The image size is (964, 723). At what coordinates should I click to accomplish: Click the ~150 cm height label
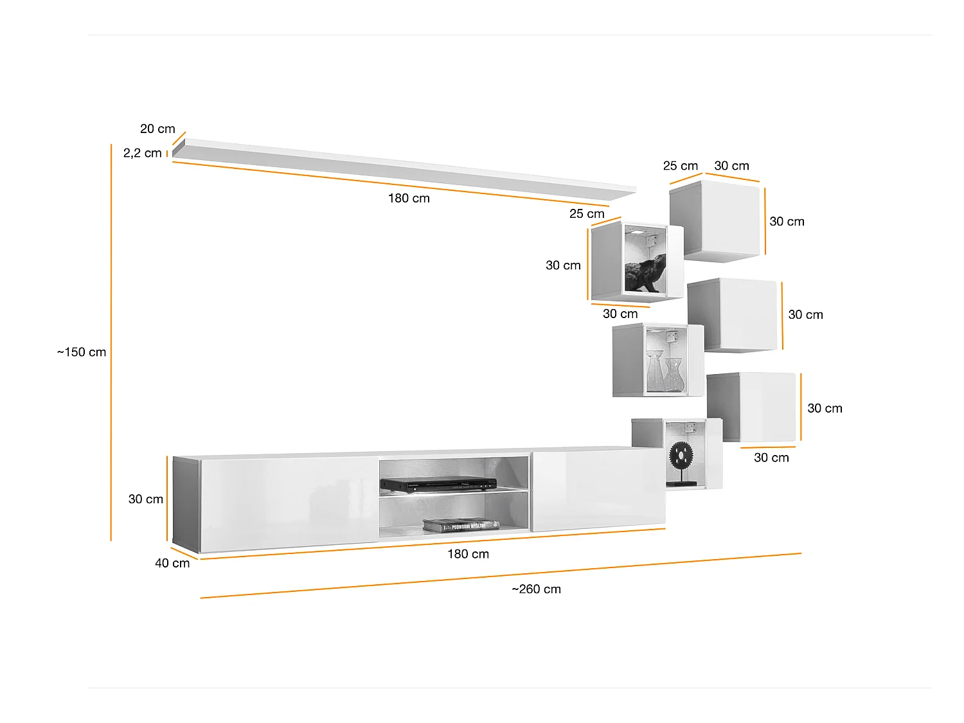(x=82, y=352)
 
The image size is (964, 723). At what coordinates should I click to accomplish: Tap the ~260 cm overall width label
(x=536, y=589)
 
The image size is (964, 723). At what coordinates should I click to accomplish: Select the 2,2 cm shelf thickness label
(x=142, y=153)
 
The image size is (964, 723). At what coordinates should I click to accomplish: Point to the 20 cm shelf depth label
(x=157, y=129)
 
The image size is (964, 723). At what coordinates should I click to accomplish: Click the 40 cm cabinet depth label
(x=172, y=563)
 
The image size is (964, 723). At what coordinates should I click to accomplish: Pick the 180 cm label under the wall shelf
(x=409, y=198)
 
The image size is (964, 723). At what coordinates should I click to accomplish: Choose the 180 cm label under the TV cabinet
(x=468, y=554)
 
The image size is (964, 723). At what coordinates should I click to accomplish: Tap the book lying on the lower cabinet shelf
(x=460, y=525)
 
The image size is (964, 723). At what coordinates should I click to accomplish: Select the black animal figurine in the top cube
(x=645, y=274)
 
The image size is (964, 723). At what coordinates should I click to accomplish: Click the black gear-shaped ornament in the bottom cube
(x=681, y=456)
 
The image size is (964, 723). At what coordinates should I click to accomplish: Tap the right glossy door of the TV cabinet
(x=598, y=490)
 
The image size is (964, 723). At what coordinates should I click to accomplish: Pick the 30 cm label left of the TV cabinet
(x=146, y=499)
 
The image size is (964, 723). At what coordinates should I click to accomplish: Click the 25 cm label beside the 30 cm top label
(x=680, y=166)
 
